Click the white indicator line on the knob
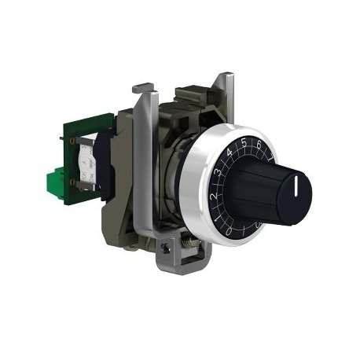[x=296, y=186]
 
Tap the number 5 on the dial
[x=244, y=143]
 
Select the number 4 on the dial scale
[x=230, y=152]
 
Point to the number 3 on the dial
[x=217, y=173]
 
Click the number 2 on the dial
[x=214, y=197]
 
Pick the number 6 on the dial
[x=259, y=145]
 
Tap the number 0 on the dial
[x=229, y=231]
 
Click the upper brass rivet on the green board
[x=72, y=141]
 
